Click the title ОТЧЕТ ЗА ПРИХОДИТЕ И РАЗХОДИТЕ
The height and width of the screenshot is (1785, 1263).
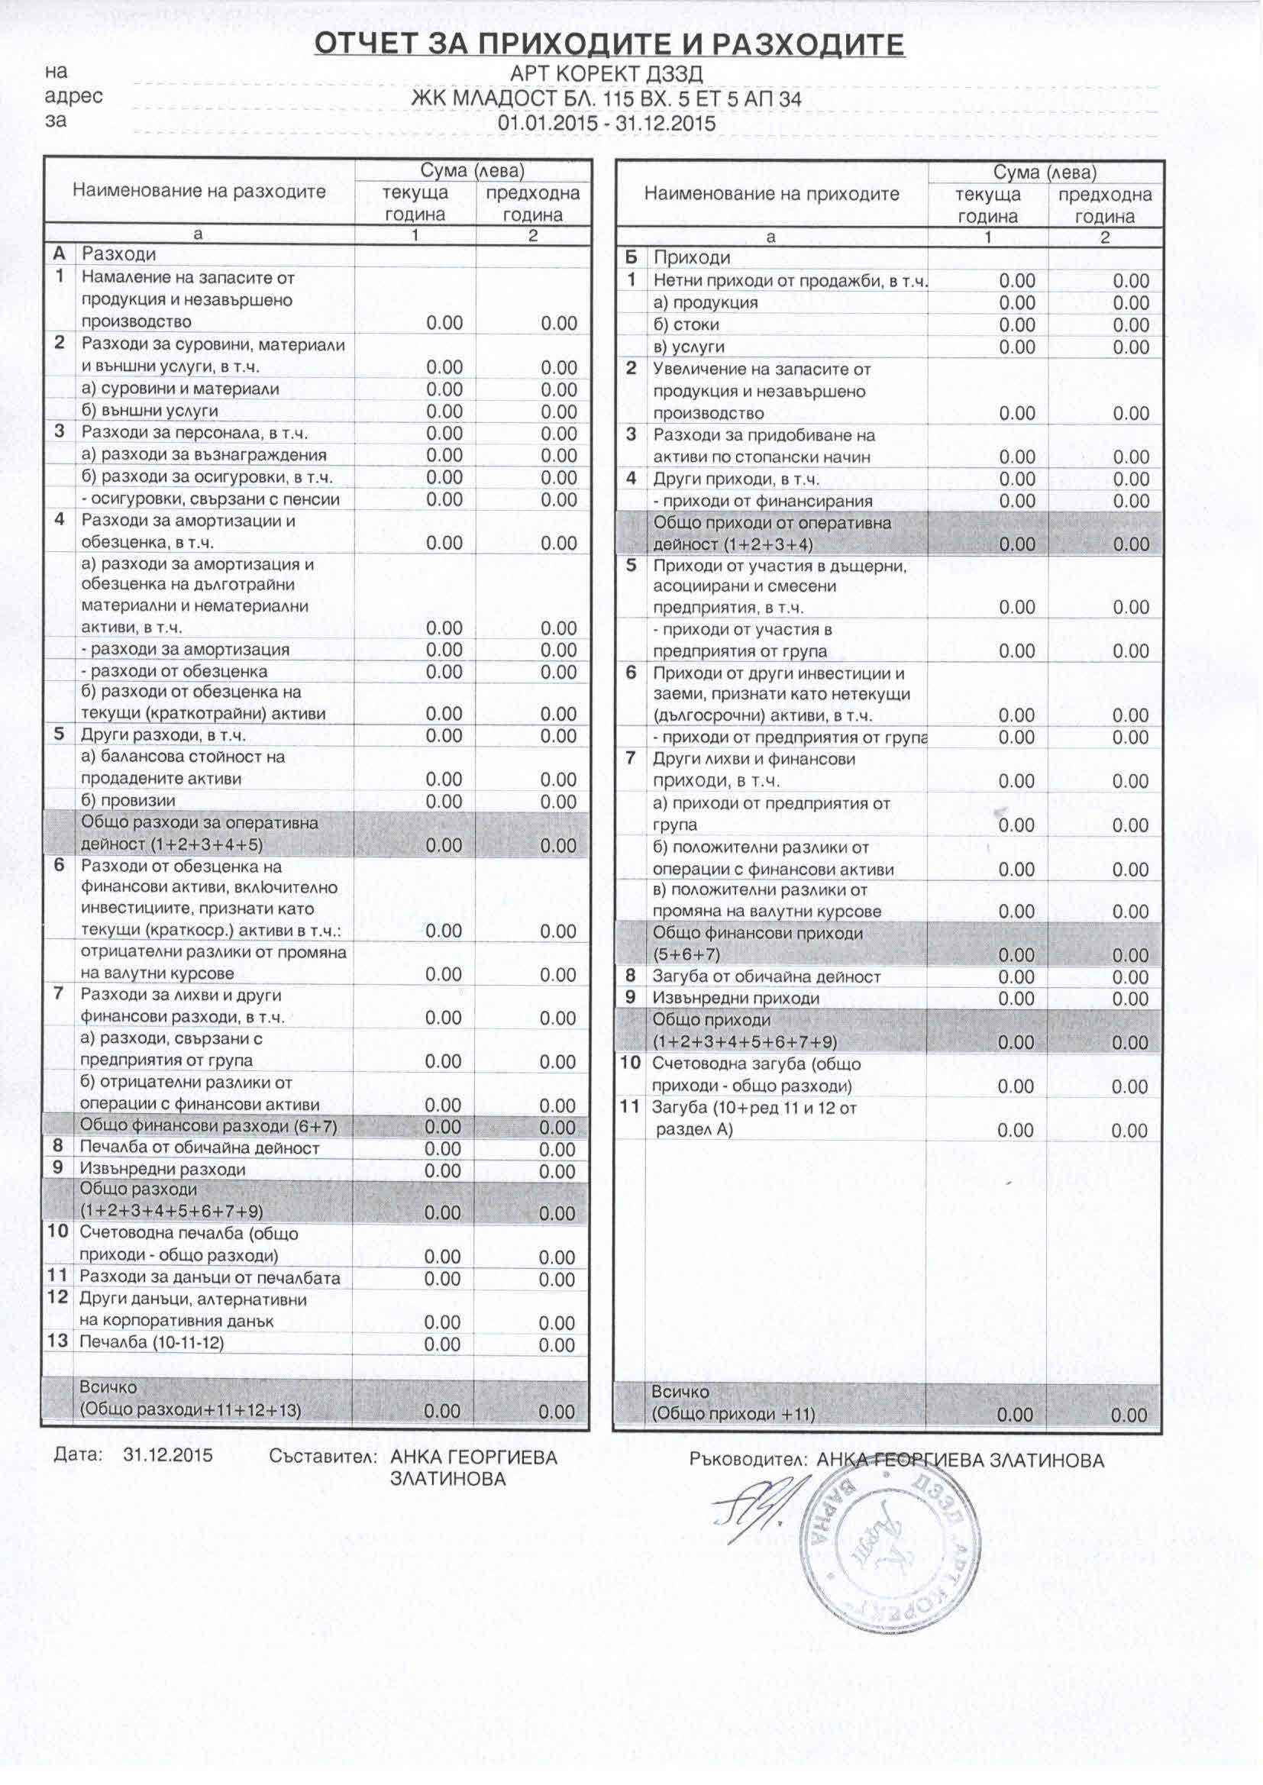pos(609,44)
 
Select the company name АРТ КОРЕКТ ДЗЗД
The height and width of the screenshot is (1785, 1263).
pos(606,74)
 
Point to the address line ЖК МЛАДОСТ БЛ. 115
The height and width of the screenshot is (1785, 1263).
pos(606,98)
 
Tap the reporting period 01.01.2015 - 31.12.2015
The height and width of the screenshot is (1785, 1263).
pos(606,124)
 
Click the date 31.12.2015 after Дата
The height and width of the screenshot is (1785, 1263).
pos(167,1455)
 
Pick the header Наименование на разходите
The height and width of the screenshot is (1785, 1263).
pos(199,191)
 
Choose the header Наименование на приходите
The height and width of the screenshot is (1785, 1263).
pos(771,194)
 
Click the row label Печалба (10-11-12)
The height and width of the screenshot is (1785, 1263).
pos(152,1343)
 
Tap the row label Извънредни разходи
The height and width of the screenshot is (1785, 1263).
pos(163,1170)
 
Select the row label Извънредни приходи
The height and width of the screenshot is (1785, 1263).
pos(735,998)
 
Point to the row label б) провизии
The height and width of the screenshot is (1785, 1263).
pos(128,801)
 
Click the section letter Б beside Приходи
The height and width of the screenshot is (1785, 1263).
pos(631,257)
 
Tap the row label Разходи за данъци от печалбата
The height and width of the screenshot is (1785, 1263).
pos(210,1277)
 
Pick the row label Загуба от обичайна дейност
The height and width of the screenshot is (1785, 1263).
pos(766,976)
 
